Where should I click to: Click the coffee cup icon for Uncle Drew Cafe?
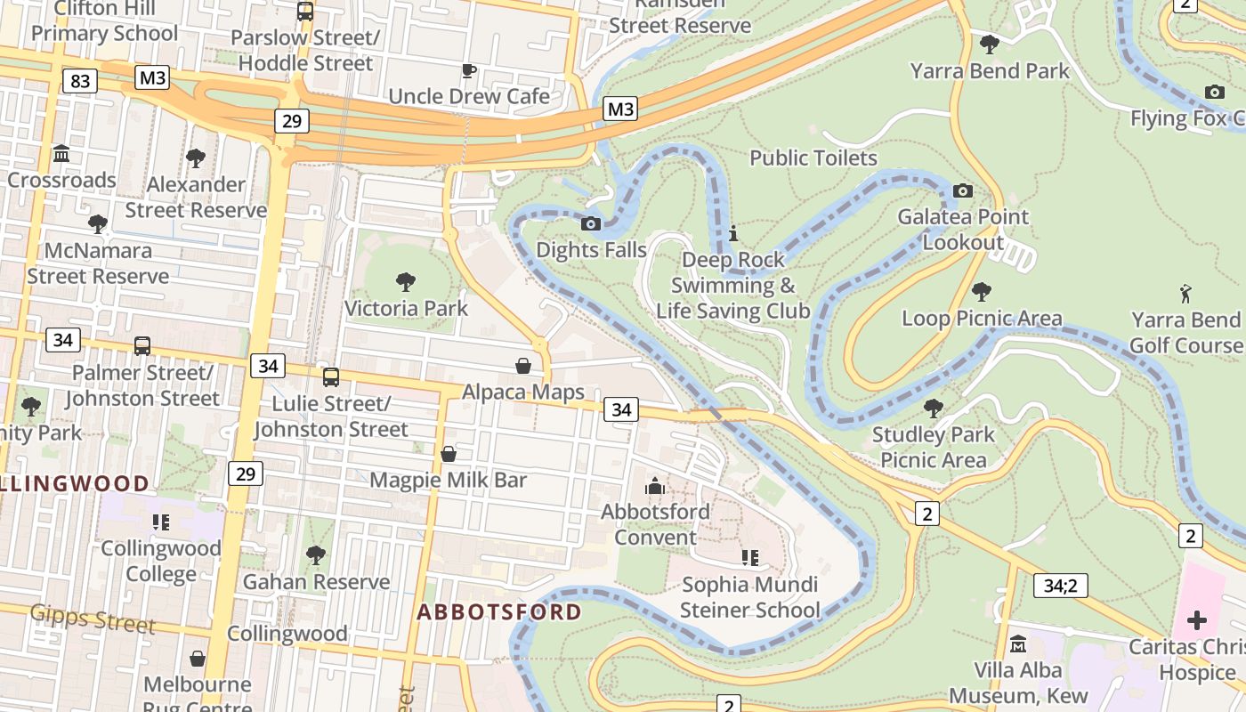coord(469,70)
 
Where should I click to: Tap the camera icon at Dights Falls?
coord(590,223)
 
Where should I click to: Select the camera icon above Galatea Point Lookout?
coord(962,190)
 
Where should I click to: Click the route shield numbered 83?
coord(80,81)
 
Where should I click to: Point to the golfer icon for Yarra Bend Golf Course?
coord(1185,293)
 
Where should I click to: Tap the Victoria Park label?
coord(406,309)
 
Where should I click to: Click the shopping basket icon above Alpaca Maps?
coord(523,366)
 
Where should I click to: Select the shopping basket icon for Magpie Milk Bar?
coord(449,454)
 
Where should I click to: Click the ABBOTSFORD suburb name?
coord(498,612)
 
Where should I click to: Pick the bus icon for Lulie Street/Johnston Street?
coord(331,377)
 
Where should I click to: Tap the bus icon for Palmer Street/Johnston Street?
coord(142,346)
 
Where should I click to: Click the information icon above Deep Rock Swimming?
coord(733,234)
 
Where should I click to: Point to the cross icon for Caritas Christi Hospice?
coord(1196,619)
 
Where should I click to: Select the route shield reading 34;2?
coord(1060,586)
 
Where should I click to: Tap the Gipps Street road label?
coord(93,617)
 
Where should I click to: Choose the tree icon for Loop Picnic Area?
coord(982,292)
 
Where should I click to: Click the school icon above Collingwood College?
coord(160,522)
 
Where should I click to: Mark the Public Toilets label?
coord(813,158)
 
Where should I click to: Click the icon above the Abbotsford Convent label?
coord(655,486)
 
